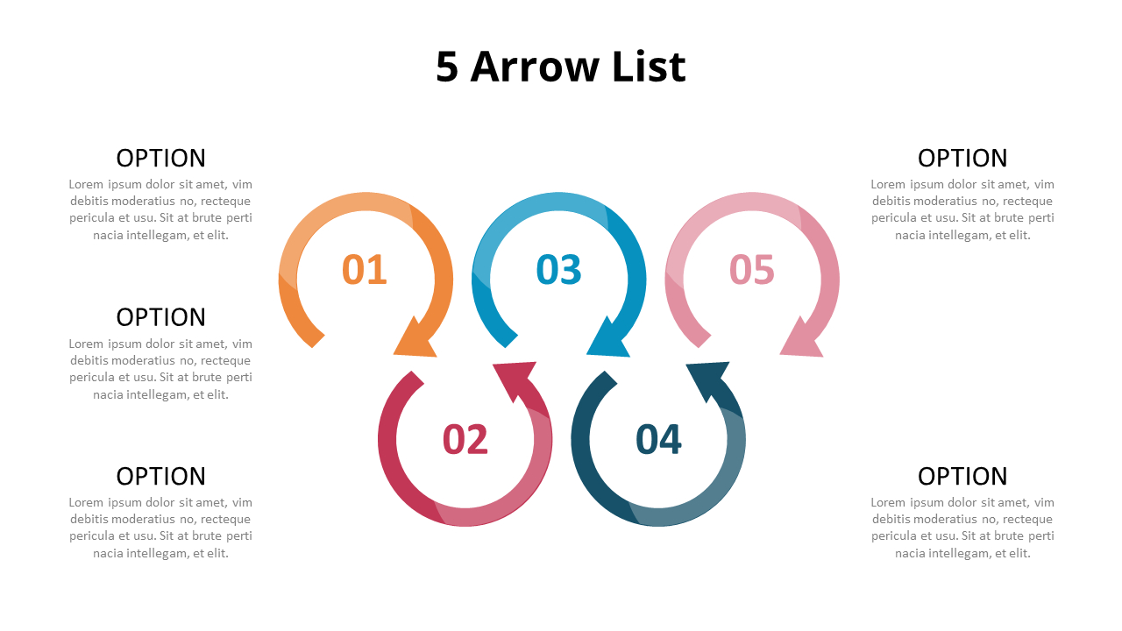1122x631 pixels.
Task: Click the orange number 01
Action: (364, 269)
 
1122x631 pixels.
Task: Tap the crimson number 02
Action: (465, 439)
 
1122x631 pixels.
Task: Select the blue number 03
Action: (558, 269)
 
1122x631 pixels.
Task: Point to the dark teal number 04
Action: (658, 439)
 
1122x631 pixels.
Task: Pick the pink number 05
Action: (752, 269)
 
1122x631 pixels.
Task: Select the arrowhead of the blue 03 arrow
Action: (607, 341)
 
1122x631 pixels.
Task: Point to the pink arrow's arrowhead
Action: (800, 341)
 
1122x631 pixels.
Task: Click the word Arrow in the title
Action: (535, 67)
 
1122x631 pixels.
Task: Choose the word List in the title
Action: (649, 67)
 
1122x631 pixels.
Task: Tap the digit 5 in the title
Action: (447, 67)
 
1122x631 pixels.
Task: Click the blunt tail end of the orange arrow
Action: (318, 341)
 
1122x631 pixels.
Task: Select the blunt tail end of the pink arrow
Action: (705, 341)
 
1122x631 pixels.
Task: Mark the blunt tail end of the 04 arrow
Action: (611, 378)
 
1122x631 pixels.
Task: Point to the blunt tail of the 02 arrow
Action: (418, 378)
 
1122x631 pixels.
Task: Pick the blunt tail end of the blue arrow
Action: (511, 341)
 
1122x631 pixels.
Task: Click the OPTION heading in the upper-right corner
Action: (962, 159)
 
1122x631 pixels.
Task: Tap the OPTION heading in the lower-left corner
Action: (160, 476)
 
